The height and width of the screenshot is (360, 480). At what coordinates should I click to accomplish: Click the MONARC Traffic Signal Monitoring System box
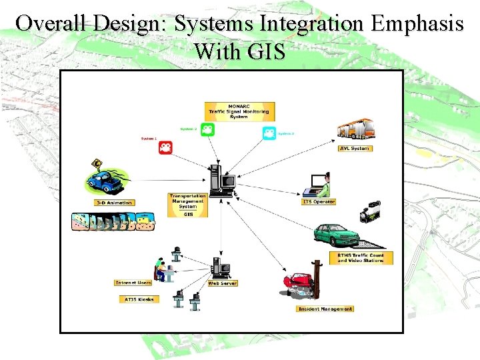tap(239, 111)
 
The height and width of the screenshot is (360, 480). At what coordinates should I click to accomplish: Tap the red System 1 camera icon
tap(166, 147)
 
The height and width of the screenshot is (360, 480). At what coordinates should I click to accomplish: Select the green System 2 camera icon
tap(207, 129)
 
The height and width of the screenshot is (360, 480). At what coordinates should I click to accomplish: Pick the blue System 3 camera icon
tap(268, 133)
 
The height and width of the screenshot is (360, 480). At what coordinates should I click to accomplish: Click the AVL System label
tap(355, 148)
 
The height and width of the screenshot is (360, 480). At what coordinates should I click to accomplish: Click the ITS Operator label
tap(319, 201)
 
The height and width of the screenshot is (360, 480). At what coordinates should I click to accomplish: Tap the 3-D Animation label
tap(114, 203)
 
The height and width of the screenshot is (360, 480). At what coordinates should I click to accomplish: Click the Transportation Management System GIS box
tap(188, 205)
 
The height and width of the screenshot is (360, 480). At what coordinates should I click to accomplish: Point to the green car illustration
tap(337, 235)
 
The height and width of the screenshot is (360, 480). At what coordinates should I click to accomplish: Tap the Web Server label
tap(223, 283)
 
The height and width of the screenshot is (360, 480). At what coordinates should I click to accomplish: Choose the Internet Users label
tap(133, 283)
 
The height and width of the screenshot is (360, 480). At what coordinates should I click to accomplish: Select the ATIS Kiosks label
tap(139, 299)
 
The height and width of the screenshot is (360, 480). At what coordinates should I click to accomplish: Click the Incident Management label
tap(325, 309)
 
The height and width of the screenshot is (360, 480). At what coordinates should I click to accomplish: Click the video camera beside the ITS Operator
tap(371, 211)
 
